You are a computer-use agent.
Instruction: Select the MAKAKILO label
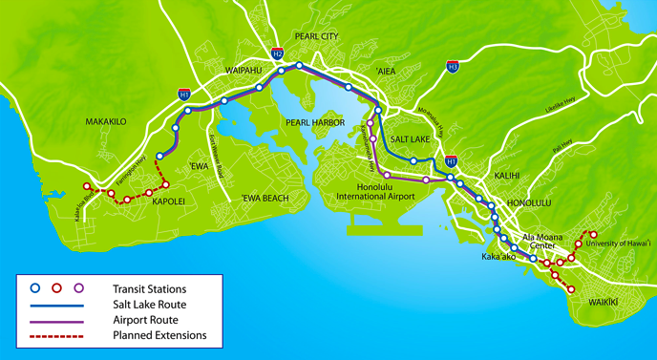tap(107, 122)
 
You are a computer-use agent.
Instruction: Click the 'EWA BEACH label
tap(265, 198)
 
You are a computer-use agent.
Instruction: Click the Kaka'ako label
tap(499, 258)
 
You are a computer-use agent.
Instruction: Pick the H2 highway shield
tap(276, 53)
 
